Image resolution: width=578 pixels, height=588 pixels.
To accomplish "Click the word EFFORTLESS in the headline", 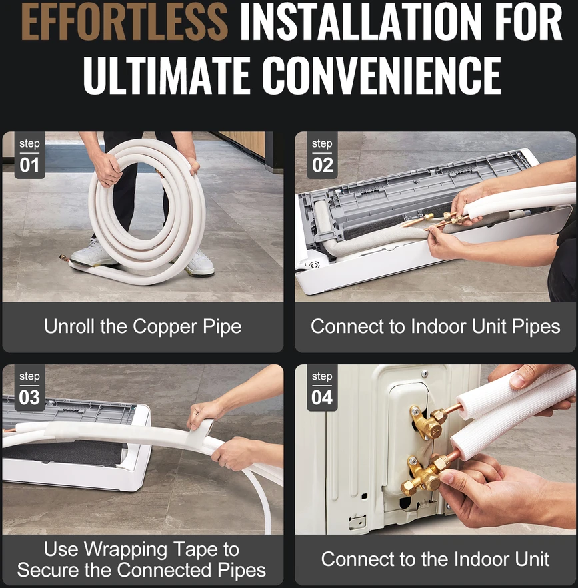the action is [124, 21].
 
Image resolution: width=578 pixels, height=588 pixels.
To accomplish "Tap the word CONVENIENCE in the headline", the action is [381, 75].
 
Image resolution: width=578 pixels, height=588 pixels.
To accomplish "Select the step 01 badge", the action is [29, 156].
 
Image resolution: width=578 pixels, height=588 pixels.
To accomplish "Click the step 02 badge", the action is [322, 156].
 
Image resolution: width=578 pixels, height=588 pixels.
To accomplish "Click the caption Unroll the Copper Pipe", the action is [143, 326].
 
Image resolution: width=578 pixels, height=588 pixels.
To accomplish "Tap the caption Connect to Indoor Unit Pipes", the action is [435, 326].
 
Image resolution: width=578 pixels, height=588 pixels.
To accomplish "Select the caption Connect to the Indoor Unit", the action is [435, 559].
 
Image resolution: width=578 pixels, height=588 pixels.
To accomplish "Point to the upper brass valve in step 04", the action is [427, 421].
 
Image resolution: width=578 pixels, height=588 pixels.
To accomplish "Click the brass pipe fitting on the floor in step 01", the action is [65, 259].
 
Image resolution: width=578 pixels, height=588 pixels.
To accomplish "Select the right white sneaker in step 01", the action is [199, 262].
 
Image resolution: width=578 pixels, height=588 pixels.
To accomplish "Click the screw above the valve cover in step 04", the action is [424, 374].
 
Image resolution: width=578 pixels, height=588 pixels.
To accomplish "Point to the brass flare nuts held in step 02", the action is [449, 218].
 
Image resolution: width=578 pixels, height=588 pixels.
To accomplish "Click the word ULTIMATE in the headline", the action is [167, 75].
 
